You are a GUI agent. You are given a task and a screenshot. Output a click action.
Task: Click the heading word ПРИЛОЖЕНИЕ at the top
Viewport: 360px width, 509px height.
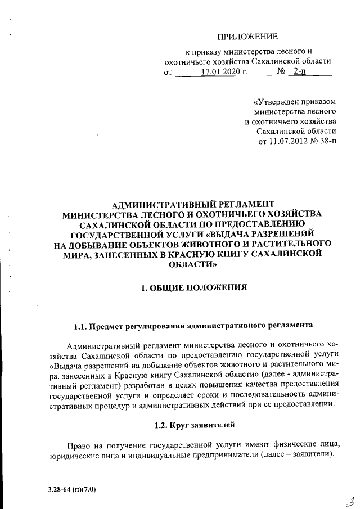pos(248,37)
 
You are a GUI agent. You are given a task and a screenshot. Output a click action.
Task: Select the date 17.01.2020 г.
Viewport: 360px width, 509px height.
pos(224,72)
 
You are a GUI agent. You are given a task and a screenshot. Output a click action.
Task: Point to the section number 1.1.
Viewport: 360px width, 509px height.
pos(83,326)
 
